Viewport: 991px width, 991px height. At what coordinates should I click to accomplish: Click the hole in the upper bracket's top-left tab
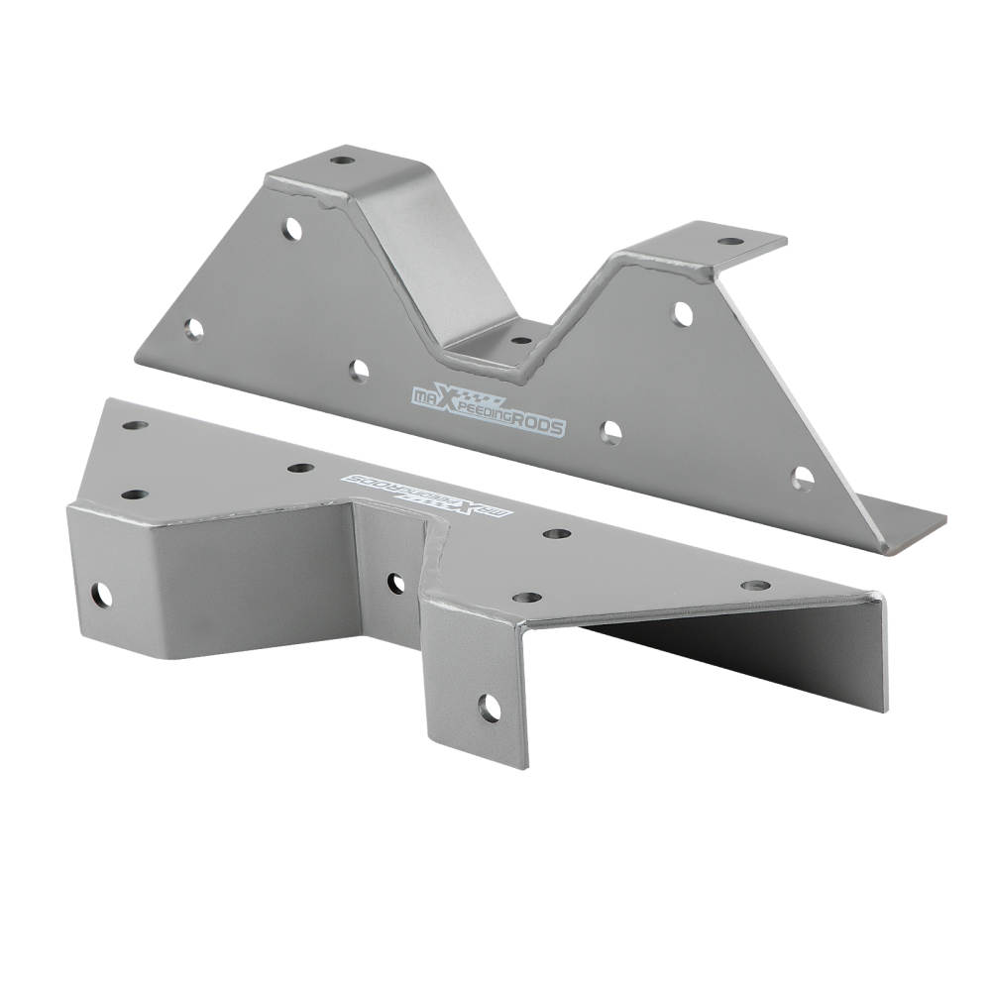point(341,160)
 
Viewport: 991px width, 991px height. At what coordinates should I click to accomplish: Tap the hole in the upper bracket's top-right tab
point(729,241)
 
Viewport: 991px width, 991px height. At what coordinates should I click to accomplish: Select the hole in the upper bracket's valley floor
point(521,340)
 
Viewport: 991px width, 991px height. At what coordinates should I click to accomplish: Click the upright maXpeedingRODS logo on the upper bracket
point(489,408)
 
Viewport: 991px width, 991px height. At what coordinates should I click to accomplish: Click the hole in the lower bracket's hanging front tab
point(490,708)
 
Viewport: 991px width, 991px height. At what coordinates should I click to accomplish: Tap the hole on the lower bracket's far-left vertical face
point(101,595)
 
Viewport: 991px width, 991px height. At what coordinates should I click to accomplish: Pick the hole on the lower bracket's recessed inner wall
point(395,584)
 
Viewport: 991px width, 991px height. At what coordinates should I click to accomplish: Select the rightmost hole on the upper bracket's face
point(802,480)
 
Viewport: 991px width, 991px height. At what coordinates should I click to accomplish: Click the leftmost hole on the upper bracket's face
point(194,329)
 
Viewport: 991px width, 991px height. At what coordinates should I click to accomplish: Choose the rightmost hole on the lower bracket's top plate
point(755,586)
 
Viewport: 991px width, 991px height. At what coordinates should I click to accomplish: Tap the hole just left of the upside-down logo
point(300,468)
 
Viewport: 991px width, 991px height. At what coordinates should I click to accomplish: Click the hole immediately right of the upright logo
point(611,432)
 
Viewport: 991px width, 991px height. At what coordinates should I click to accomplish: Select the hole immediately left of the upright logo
point(359,371)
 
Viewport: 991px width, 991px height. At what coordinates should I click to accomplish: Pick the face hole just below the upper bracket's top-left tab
point(293,229)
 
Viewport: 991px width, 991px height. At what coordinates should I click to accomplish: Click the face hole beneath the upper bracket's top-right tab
point(683,314)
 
